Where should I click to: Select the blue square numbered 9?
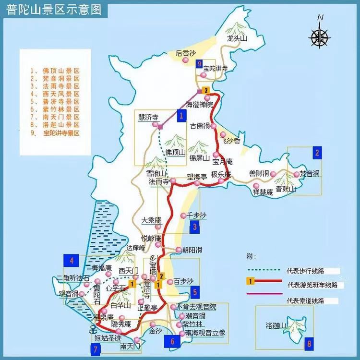199,64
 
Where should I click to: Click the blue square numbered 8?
309,343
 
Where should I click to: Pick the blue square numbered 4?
71,261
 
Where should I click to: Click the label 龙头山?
237,39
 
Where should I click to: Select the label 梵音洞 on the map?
310,173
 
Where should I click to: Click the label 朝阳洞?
192,250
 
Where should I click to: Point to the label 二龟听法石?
73,278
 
